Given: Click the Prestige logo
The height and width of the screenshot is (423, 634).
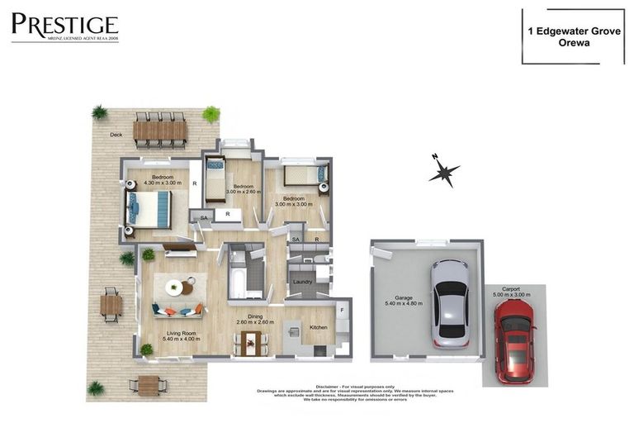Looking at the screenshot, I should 64,27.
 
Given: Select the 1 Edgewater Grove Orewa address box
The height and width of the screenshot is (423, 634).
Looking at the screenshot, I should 572,36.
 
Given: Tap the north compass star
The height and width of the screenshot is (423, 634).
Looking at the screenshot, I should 444,172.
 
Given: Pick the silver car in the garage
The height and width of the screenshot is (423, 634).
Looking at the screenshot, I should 450,302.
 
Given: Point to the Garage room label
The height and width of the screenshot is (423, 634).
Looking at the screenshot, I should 404,299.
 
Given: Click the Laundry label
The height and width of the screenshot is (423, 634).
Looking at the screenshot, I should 302,283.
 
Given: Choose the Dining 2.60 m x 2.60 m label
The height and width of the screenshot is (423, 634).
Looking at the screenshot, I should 255,319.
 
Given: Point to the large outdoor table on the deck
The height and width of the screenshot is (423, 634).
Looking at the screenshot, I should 160,130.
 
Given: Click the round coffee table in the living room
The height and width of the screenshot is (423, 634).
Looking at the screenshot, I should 174,288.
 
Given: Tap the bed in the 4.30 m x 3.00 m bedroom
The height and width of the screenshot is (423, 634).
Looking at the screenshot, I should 149,208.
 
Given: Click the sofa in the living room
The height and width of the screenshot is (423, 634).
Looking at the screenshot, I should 177,311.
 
